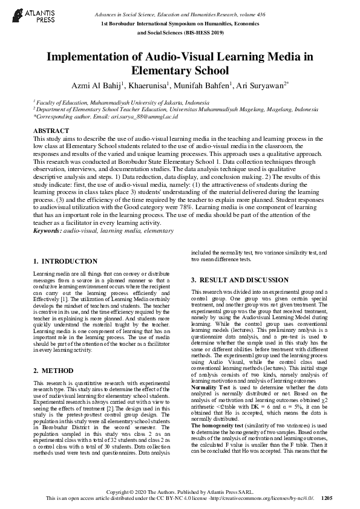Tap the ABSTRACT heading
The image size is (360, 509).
(x=51, y=131)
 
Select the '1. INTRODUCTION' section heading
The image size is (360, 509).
(x=65, y=261)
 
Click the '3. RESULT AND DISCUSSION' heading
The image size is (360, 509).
(x=240, y=280)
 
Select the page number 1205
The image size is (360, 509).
(x=327, y=499)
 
